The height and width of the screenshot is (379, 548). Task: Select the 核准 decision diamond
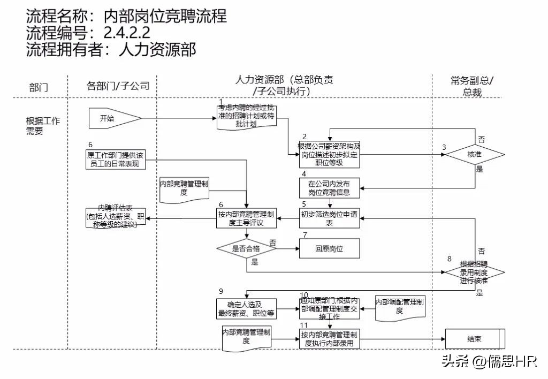pyautogui.click(x=475, y=155)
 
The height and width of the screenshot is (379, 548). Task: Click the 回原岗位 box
pyautogui.click(x=329, y=248)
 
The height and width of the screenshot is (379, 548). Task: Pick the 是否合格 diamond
pyautogui.click(x=246, y=248)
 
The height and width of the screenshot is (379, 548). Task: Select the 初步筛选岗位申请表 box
pyautogui.click(x=329, y=219)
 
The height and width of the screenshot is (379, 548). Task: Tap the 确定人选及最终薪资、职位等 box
pyautogui.click(x=247, y=309)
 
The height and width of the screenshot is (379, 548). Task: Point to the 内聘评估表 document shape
pyautogui.click(x=115, y=216)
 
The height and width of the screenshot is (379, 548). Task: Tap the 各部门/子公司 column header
pyautogui.click(x=118, y=86)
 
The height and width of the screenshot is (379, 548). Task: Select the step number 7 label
pyautogui.click(x=305, y=235)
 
